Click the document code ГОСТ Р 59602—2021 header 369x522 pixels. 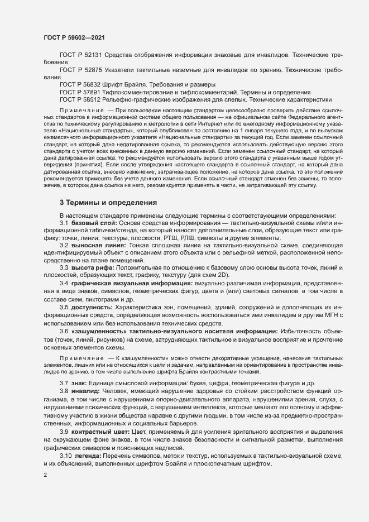coord(73,36)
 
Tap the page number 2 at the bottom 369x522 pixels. coord(45,476)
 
